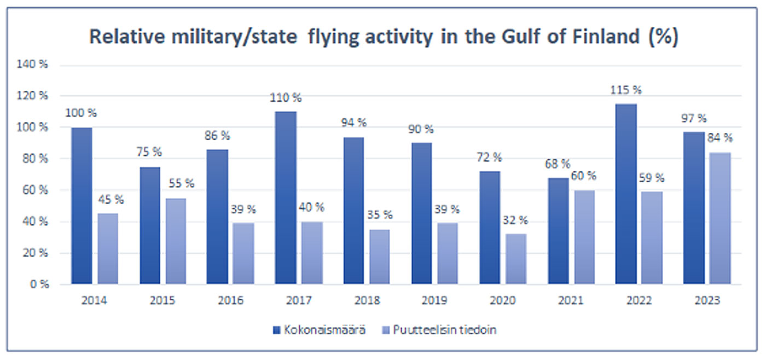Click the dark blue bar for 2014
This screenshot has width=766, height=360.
tap(82, 206)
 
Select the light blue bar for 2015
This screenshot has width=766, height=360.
tap(176, 241)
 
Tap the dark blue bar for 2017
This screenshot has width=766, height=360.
tap(286, 198)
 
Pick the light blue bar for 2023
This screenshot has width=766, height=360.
tap(721, 218)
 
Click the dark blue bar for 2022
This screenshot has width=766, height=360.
tap(626, 194)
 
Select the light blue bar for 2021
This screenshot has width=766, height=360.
tap(584, 237)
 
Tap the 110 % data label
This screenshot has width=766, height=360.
tap(286, 98)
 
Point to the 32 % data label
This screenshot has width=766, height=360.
tap(516, 220)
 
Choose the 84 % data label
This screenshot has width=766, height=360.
tap(721, 138)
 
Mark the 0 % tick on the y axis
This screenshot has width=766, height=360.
tap(39, 284)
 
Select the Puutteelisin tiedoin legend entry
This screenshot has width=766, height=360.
tap(441, 330)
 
